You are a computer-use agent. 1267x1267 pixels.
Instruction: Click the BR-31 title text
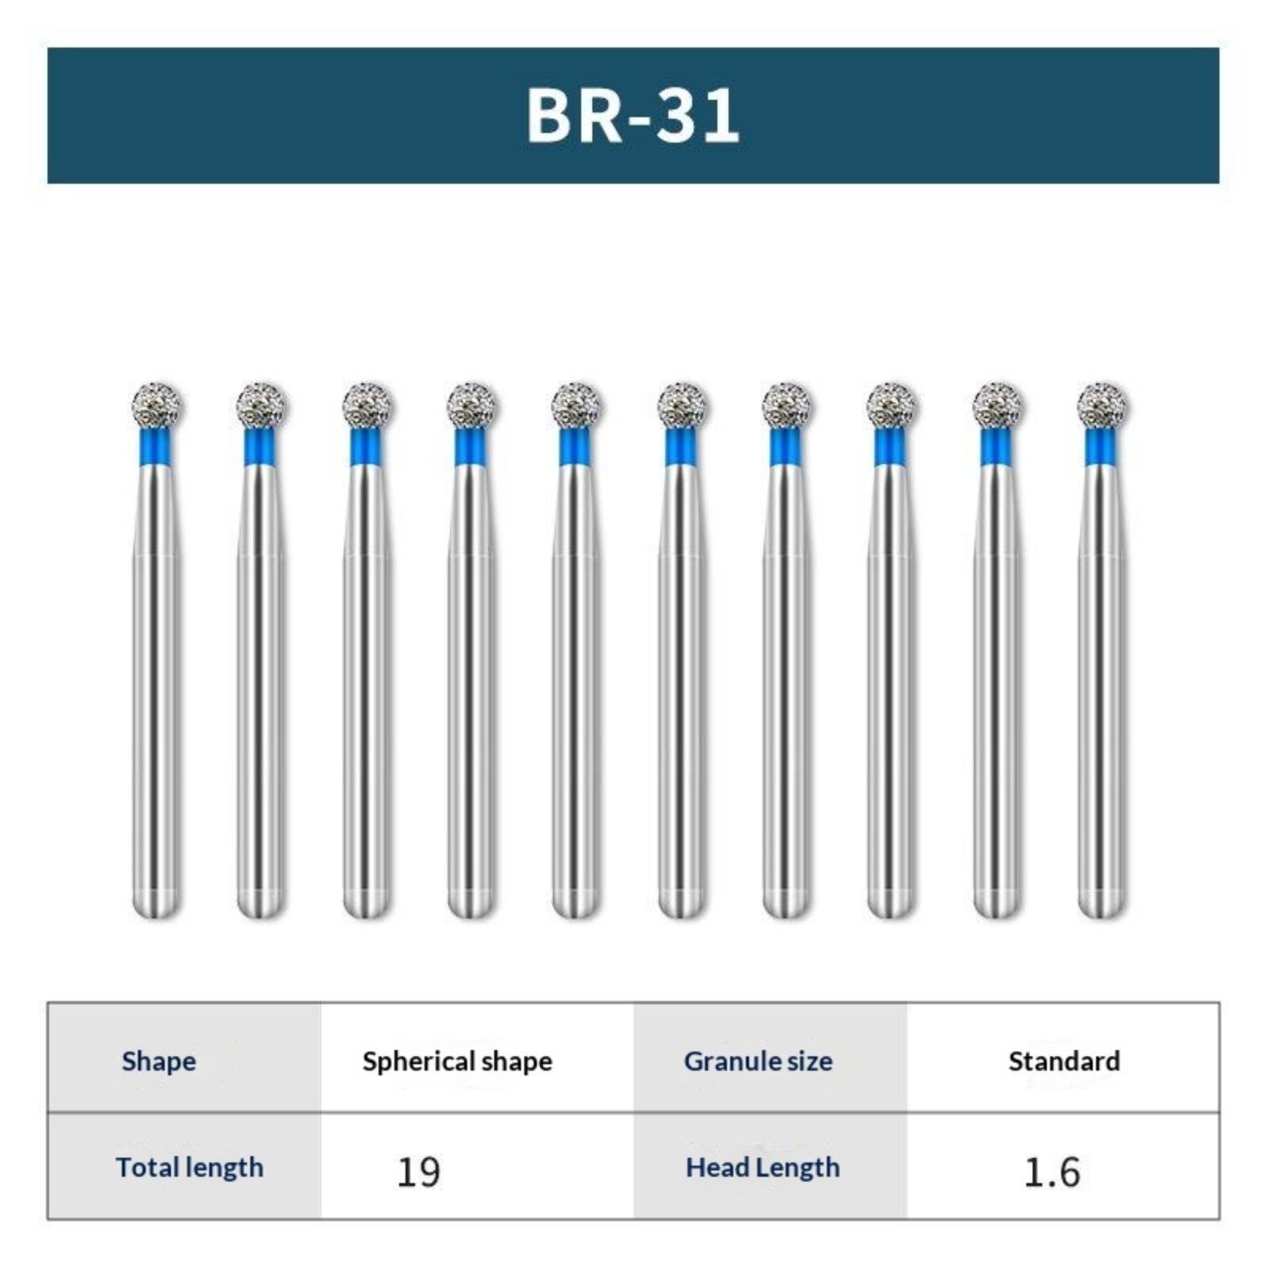pos(633,116)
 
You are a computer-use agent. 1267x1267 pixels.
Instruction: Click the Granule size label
pos(758,1061)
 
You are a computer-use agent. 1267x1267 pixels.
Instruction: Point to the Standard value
pos(1063,1061)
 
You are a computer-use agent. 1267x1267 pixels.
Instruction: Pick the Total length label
pos(189,1167)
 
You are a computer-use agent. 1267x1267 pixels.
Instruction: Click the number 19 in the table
pos(418,1172)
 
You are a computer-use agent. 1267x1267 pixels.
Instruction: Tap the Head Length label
pos(763,1167)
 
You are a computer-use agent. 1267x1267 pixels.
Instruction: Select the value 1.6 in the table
pos(1052,1172)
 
